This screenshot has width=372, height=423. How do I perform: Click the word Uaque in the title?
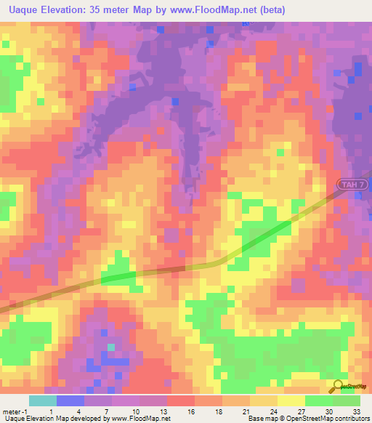(21, 10)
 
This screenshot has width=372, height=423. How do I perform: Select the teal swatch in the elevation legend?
(43, 400)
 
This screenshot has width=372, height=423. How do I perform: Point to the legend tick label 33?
(356, 411)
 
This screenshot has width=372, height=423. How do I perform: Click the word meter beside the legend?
(12, 411)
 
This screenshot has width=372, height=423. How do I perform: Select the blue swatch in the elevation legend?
(70, 400)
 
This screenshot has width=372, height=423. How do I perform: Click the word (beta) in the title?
(268, 10)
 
